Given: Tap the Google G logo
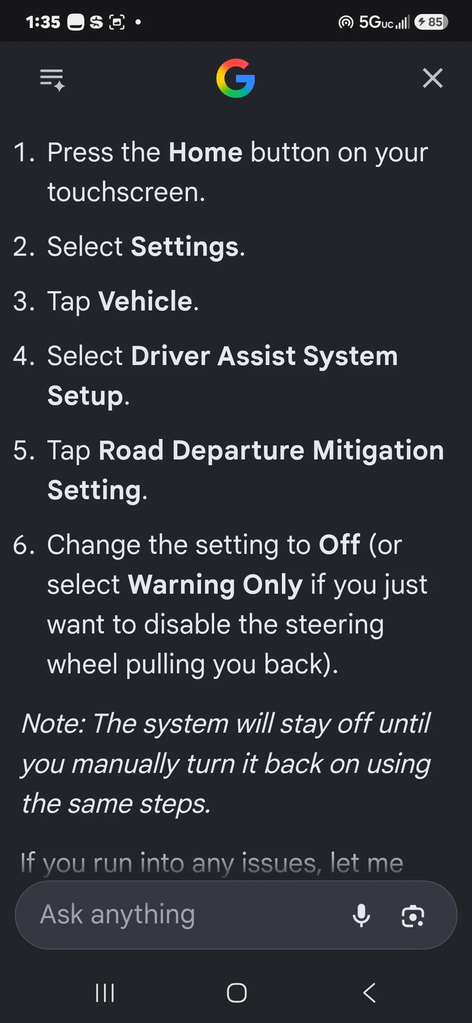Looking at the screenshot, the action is (x=236, y=78).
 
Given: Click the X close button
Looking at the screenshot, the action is (x=433, y=78).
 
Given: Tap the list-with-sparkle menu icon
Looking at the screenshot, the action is (x=52, y=80).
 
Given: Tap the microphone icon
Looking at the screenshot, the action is (x=361, y=915).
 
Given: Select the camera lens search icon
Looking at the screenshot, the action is (x=413, y=915).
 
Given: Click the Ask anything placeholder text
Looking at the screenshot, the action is (x=118, y=915).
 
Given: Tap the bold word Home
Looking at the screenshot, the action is (x=205, y=153).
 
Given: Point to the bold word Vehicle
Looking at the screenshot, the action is (x=146, y=301).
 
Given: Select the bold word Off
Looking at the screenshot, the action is (x=340, y=545).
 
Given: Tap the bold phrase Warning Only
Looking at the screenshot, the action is (x=215, y=585).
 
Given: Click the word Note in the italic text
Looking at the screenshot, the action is (x=52, y=724).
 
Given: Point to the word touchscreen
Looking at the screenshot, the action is (x=126, y=192).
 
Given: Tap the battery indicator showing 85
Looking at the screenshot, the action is (x=431, y=22).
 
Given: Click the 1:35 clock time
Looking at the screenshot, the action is (x=43, y=22).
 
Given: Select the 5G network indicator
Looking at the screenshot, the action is (x=376, y=22).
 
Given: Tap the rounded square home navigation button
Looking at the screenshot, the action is (x=236, y=993).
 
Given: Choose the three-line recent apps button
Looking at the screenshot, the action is (x=105, y=993).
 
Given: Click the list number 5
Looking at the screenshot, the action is (x=24, y=451).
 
